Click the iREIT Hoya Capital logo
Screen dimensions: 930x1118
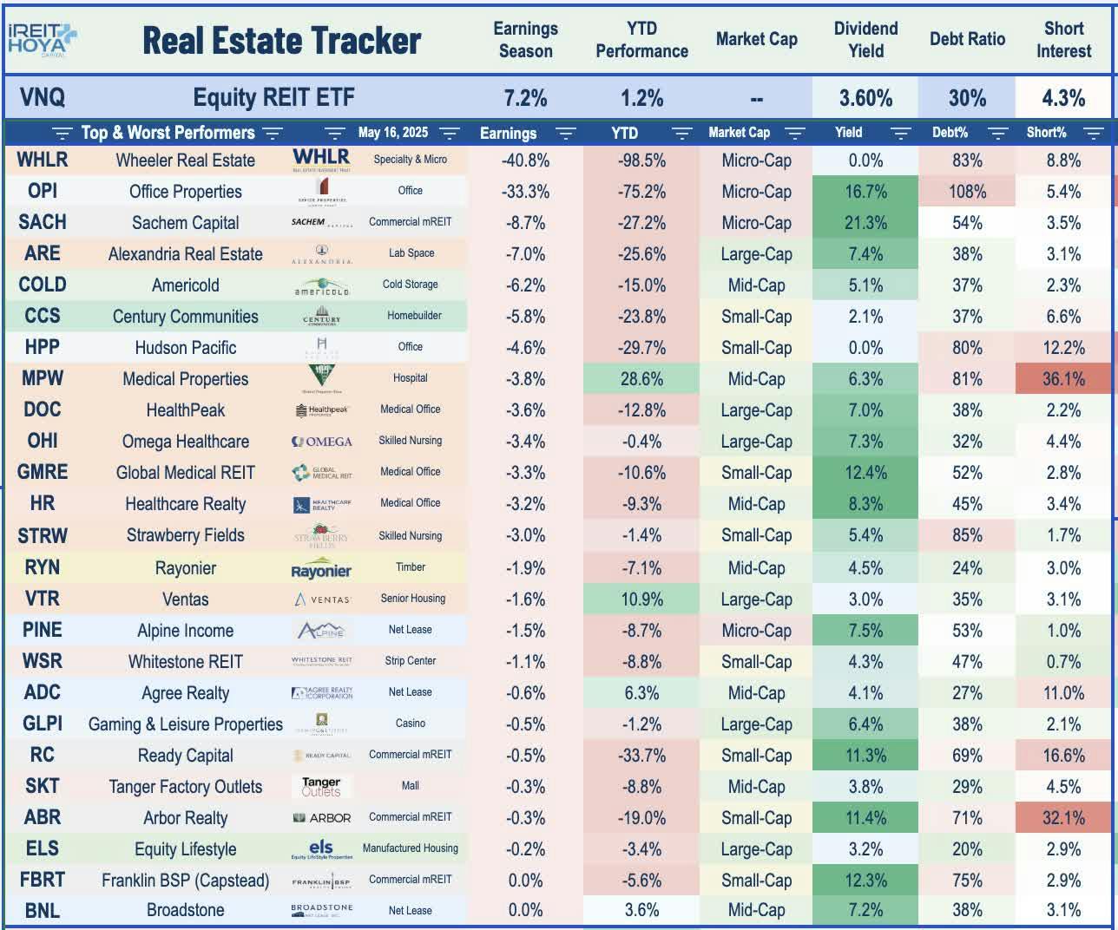(42, 39)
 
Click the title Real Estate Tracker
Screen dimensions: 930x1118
(281, 41)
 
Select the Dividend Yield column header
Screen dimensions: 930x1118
(865, 40)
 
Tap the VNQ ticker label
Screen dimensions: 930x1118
(42, 97)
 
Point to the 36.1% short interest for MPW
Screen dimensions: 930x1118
(1063, 379)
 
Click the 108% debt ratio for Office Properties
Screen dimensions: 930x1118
(967, 192)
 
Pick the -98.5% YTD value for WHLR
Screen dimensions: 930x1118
(641, 160)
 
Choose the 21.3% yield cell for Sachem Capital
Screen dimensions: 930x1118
(865, 223)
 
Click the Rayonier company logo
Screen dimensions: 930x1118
(321, 570)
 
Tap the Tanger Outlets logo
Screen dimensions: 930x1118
(321, 787)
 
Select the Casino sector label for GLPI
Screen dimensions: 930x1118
(410, 724)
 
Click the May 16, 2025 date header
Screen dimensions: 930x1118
(392, 133)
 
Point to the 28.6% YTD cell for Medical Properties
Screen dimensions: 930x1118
(641, 379)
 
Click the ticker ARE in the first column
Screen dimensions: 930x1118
(42, 254)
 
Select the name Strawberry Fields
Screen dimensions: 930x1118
(185, 535)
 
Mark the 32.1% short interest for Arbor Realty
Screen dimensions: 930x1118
(1063, 818)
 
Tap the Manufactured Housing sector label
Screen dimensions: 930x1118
(410, 848)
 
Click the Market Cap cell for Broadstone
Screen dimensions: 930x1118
(756, 910)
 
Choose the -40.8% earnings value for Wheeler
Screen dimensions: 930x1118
(525, 160)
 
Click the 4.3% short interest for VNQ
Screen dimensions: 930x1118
(1063, 98)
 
